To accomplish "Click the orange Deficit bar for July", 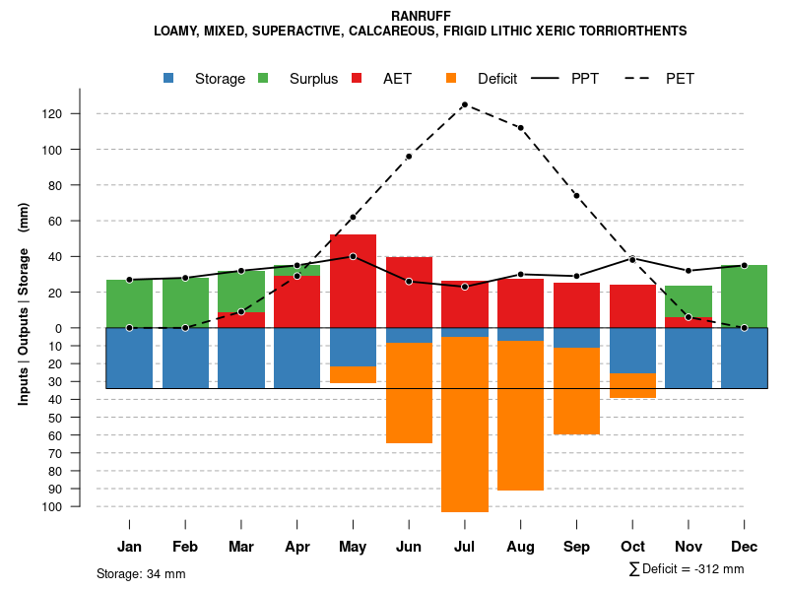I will pos(464,424).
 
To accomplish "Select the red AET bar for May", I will pos(353,281).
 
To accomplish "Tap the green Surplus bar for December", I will pos(744,295).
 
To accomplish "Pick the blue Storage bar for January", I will pos(129,358).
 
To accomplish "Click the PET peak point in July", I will pos(464,104).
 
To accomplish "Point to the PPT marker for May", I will pos(353,256).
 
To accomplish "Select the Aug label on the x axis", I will pos(520,547).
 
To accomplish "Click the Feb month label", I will pos(185,547).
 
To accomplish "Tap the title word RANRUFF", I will pos(420,17).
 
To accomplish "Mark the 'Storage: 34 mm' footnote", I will pos(141,573).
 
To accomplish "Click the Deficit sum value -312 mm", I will pos(720,569).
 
